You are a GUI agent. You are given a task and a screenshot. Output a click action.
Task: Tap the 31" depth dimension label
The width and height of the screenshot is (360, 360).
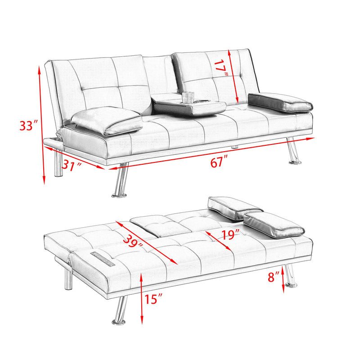tap(72, 165)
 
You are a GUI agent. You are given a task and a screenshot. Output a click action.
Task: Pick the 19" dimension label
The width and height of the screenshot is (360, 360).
tap(229, 234)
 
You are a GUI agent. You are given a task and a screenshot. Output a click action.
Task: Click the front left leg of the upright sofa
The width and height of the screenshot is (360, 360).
tap(120, 181)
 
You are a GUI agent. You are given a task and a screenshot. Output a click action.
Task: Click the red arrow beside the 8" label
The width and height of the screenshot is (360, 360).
tap(283, 279)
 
